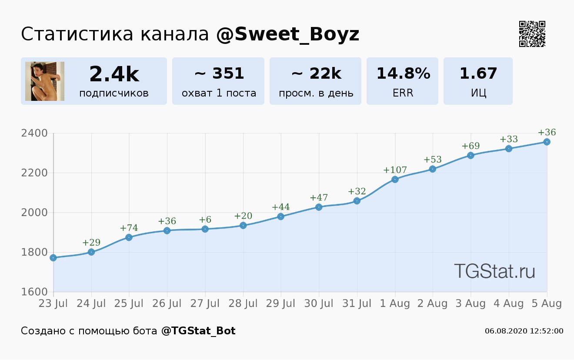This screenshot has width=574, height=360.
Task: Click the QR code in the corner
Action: (x=532, y=34)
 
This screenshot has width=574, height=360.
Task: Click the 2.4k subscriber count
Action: (x=114, y=74)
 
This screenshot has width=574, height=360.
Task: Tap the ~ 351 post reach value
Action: (x=219, y=74)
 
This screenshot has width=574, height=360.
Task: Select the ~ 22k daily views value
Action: (x=316, y=74)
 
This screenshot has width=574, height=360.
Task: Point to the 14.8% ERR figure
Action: (x=403, y=74)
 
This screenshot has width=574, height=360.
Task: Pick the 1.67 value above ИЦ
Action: (x=478, y=74)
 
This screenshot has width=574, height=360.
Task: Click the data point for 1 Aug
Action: (x=395, y=180)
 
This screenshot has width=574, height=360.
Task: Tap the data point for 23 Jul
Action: (x=53, y=258)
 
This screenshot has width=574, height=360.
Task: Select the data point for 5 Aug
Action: (x=547, y=142)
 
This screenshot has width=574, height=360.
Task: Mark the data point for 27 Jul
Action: (x=205, y=229)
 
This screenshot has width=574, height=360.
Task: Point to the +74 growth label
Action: (x=129, y=228)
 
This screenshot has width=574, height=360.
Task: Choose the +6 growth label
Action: (x=205, y=220)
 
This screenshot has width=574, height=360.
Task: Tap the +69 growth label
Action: (x=471, y=146)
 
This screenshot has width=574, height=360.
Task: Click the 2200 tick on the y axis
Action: (x=34, y=173)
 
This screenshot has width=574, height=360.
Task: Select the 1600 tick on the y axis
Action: (x=34, y=292)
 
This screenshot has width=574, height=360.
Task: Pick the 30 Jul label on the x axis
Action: (x=319, y=303)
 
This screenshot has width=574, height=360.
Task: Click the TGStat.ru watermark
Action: (x=494, y=271)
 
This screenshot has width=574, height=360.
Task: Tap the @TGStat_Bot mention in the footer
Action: (x=198, y=331)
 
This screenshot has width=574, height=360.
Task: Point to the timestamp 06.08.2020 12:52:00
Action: (x=524, y=331)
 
